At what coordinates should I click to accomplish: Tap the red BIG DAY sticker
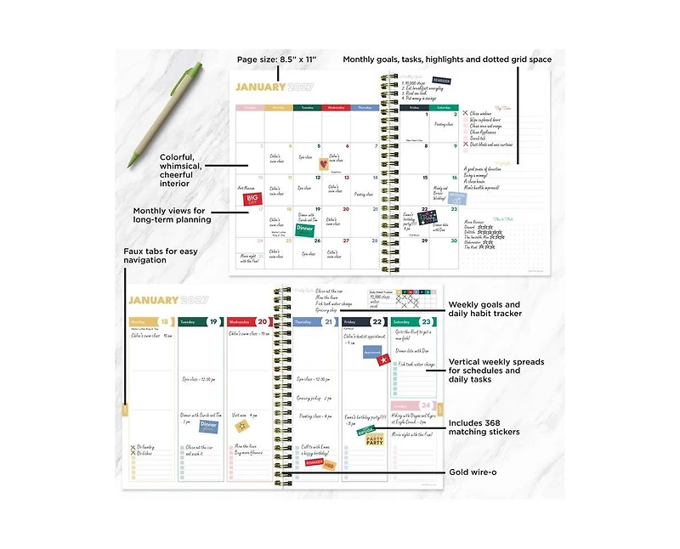[252, 198]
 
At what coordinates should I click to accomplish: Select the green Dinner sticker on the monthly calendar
[305, 228]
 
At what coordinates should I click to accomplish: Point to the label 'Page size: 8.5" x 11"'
[276, 59]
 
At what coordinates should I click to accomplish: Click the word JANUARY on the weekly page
[154, 300]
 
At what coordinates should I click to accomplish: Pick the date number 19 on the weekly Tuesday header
[214, 322]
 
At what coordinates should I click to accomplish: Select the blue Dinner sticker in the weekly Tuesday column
[208, 426]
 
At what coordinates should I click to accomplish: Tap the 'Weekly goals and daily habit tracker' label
[484, 308]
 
